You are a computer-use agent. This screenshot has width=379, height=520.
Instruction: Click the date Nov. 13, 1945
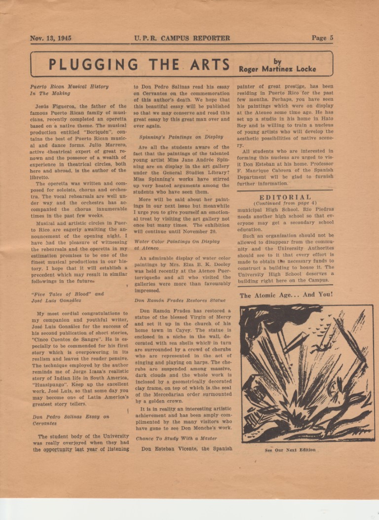[50, 38]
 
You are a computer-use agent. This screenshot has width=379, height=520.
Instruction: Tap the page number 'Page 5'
[322, 38]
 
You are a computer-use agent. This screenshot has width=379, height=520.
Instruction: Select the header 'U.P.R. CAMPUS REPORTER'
[182, 38]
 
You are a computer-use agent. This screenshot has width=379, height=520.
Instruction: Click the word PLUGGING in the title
[93, 65]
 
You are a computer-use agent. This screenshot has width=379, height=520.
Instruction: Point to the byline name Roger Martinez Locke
[277, 69]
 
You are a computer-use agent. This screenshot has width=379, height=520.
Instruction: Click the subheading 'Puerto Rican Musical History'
[69, 86]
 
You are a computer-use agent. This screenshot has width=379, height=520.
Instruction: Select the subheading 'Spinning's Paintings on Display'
[181, 137]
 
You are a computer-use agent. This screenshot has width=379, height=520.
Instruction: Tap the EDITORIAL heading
[285, 197]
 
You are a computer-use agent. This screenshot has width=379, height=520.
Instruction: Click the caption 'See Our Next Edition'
[290, 450]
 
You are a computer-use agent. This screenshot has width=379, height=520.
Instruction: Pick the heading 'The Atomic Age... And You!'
[286, 295]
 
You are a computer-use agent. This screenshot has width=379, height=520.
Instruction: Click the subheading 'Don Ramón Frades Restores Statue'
[180, 300]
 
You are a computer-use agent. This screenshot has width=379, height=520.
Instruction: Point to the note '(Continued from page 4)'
[285, 203]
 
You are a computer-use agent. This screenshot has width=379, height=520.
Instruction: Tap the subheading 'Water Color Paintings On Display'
[177, 242]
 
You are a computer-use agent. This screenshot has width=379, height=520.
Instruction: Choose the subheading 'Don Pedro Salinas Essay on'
[71, 417]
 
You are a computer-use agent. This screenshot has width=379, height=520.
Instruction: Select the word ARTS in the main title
[209, 65]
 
